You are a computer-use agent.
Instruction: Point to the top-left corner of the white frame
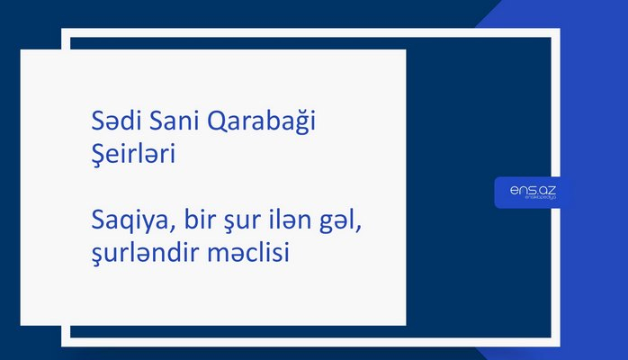(66, 33)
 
